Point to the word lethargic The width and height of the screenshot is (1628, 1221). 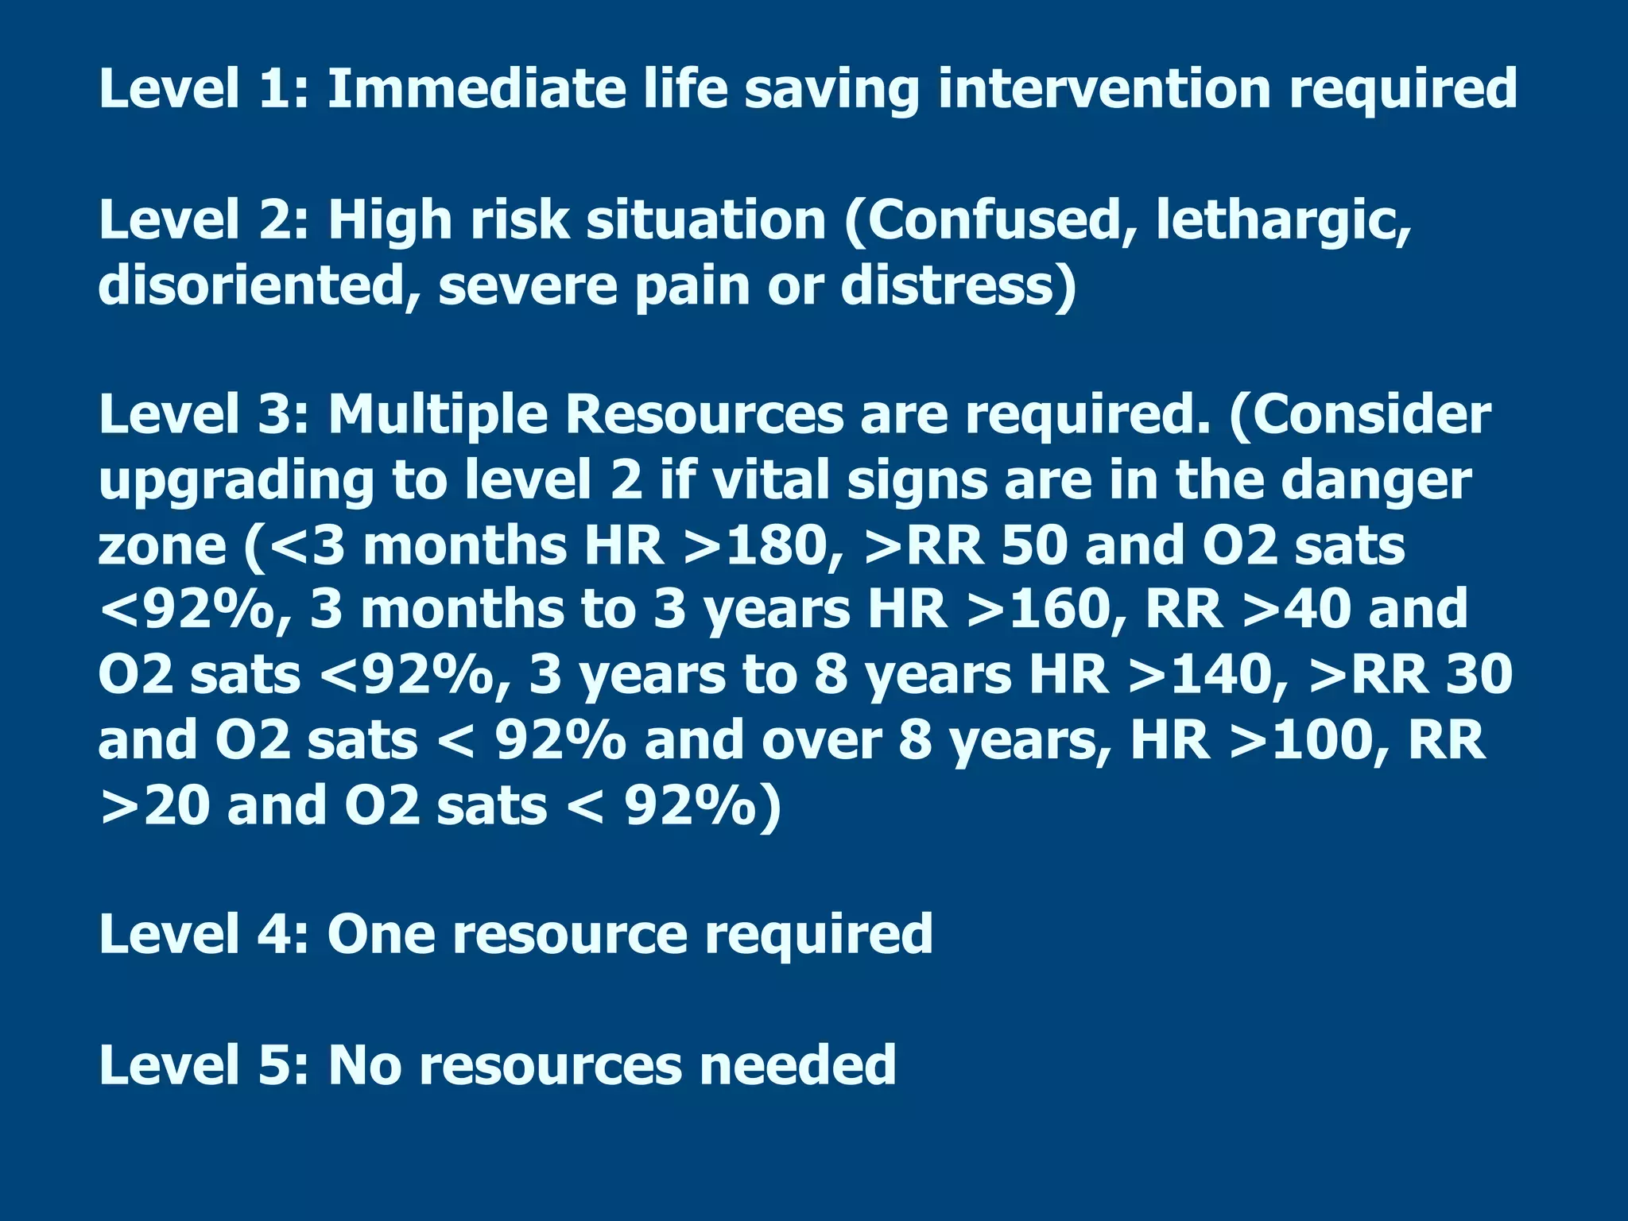coord(1283,221)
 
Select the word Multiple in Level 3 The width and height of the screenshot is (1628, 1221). coord(438,416)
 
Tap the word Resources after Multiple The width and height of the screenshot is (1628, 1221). coord(704,415)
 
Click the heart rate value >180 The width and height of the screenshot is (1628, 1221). coord(762,546)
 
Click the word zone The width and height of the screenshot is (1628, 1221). coord(163,547)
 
